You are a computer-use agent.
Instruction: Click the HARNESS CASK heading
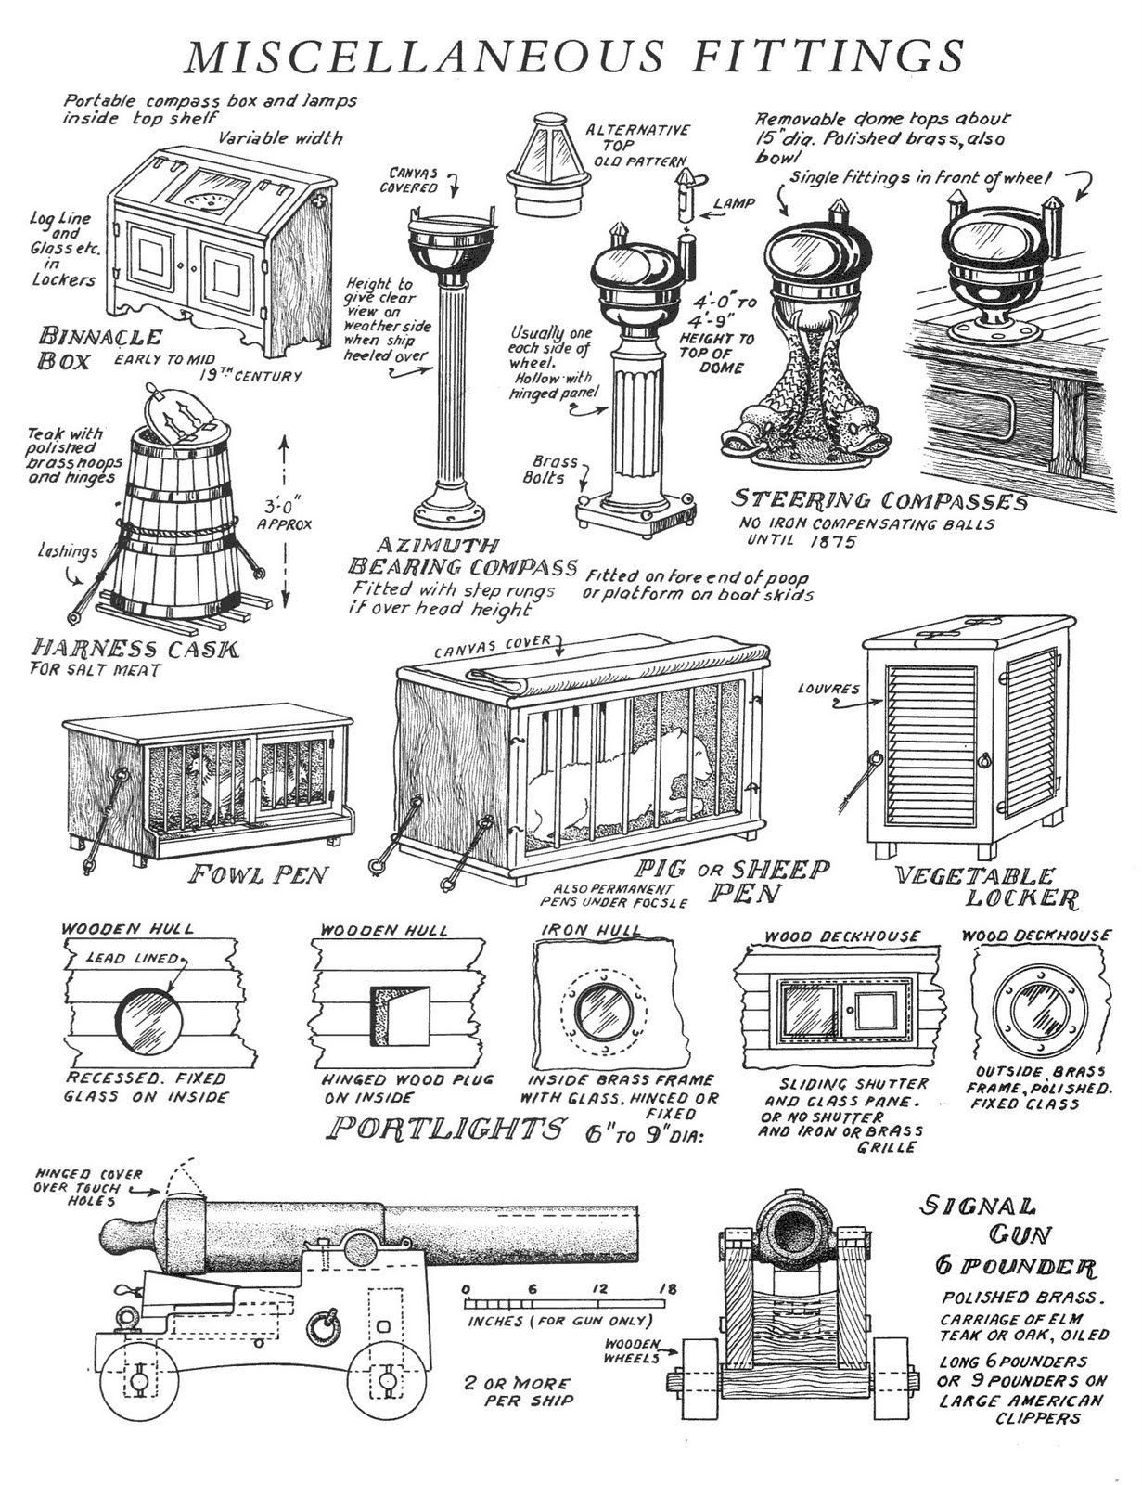point(135,647)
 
